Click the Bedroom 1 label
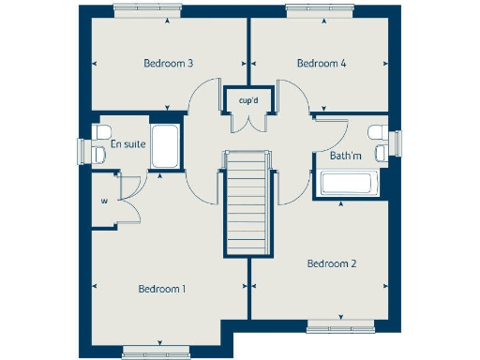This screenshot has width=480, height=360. coord(161,289)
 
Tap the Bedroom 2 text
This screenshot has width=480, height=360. coord(332,264)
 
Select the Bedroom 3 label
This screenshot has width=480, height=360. coord(169,64)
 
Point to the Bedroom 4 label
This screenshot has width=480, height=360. coord(322,64)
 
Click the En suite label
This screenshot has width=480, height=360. coord(127,144)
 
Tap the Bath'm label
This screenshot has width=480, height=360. coord(346,155)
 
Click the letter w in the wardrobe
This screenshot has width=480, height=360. coord(104,199)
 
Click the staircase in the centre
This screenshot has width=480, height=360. coord(247,204)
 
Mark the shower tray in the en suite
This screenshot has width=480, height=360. coord(164,147)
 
